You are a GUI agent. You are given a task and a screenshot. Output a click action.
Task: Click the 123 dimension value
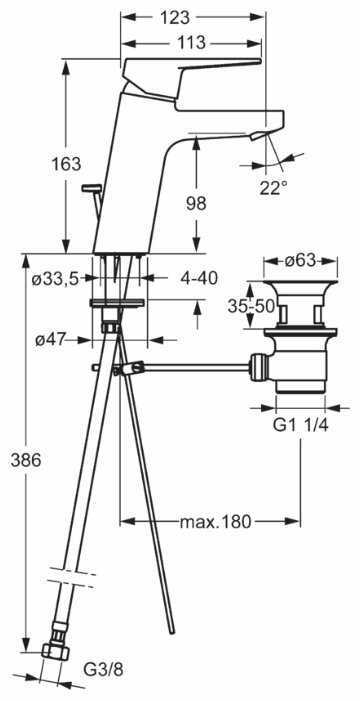(176, 17)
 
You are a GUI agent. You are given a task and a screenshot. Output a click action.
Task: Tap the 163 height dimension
(67, 164)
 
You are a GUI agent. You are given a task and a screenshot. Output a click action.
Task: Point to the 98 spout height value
(196, 203)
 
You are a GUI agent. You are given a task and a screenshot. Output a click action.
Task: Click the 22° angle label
(274, 188)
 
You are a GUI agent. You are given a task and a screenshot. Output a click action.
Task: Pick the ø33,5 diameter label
(55, 279)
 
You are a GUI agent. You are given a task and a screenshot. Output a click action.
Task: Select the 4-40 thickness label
(199, 279)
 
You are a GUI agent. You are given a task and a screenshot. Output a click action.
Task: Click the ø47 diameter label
(50, 341)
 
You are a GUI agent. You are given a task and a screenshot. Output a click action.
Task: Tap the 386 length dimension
(25, 460)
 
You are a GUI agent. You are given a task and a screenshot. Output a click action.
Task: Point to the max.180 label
(215, 521)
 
